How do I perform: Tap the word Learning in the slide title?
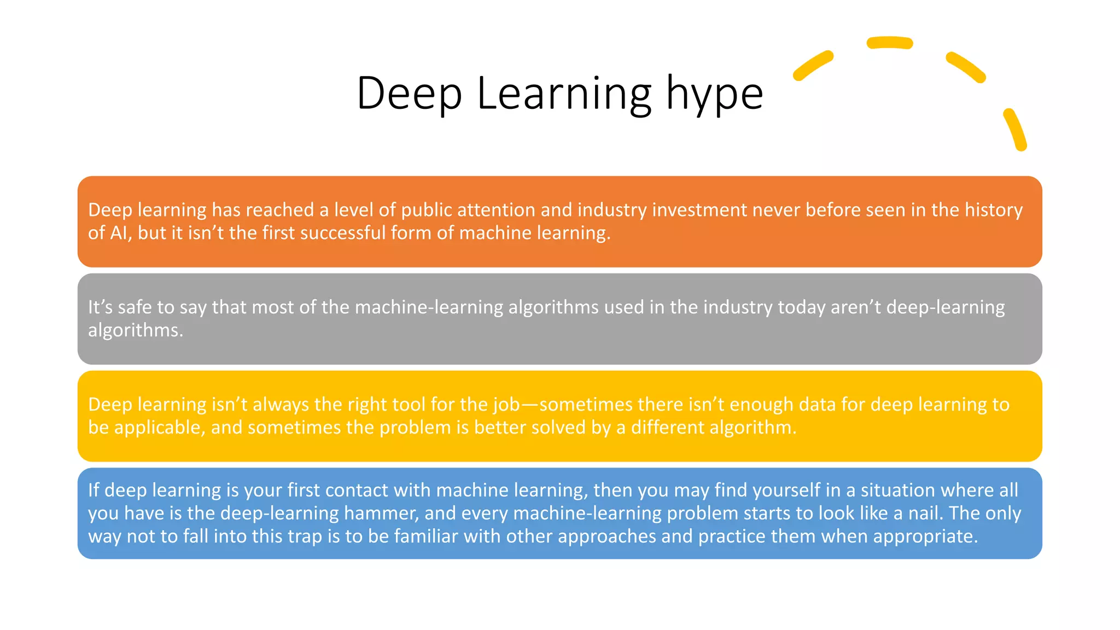tap(564, 94)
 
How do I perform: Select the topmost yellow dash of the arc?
tap(890, 43)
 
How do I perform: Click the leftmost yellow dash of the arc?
tap(813, 66)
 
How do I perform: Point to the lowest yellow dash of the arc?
tap(1014, 130)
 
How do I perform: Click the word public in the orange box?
tap(426, 210)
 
